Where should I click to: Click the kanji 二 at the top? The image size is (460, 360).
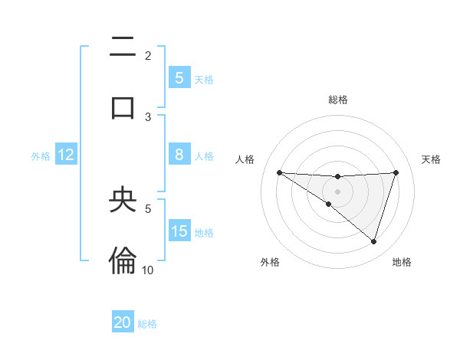coord(123,48)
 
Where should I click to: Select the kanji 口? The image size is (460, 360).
coord(123,107)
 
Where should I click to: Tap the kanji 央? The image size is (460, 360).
coord(123,201)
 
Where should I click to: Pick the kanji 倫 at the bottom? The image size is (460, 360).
coord(123,260)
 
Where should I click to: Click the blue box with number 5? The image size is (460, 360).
coord(179,77)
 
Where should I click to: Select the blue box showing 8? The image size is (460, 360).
coord(179,155)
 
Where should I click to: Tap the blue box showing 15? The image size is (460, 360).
coord(179,231)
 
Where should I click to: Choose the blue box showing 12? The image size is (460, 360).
coord(66,155)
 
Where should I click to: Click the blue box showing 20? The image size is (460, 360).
coord(123,322)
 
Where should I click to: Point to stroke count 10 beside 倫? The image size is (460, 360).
coord(147,270)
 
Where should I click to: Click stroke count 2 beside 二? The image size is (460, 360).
coord(148,55)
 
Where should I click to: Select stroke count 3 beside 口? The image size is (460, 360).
coord(148,116)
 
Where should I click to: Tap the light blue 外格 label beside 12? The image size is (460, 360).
coord(41,155)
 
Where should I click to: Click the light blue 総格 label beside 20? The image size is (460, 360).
coord(147,323)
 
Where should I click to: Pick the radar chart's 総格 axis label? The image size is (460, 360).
coord(337,100)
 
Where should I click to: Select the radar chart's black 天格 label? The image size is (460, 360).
coord(431,159)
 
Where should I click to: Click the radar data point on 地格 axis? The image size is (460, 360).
coord(373,242)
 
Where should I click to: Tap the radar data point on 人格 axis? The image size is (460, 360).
coord(279,172)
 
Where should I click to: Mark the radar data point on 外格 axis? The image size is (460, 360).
coord(329,204)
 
